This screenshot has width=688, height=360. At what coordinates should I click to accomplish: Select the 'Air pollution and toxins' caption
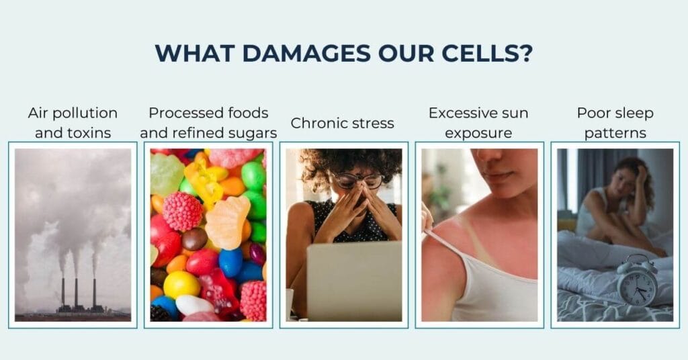(73, 123)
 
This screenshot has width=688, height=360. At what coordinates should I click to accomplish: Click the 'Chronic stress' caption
(342, 123)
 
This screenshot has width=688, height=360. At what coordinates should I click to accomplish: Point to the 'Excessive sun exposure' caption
(478, 123)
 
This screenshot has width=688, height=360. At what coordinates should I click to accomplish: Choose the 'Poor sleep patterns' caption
(615, 123)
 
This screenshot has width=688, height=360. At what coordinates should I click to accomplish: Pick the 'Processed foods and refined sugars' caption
(208, 123)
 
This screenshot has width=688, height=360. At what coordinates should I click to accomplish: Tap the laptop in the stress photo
(354, 281)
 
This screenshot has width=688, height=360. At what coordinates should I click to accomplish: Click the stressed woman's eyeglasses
(357, 181)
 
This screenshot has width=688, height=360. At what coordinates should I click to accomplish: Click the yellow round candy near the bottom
(181, 285)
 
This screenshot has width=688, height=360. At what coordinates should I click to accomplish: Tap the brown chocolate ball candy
(194, 239)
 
